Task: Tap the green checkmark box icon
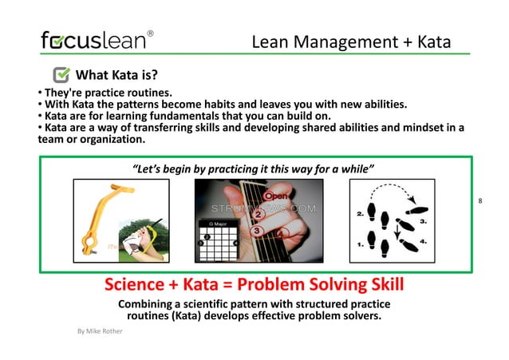point(61,76)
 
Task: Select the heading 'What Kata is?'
point(116,76)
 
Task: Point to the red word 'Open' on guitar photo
point(277,196)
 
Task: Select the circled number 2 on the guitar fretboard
point(257,214)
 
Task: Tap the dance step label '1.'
point(361,246)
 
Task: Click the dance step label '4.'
point(422,240)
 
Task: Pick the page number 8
point(480,201)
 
